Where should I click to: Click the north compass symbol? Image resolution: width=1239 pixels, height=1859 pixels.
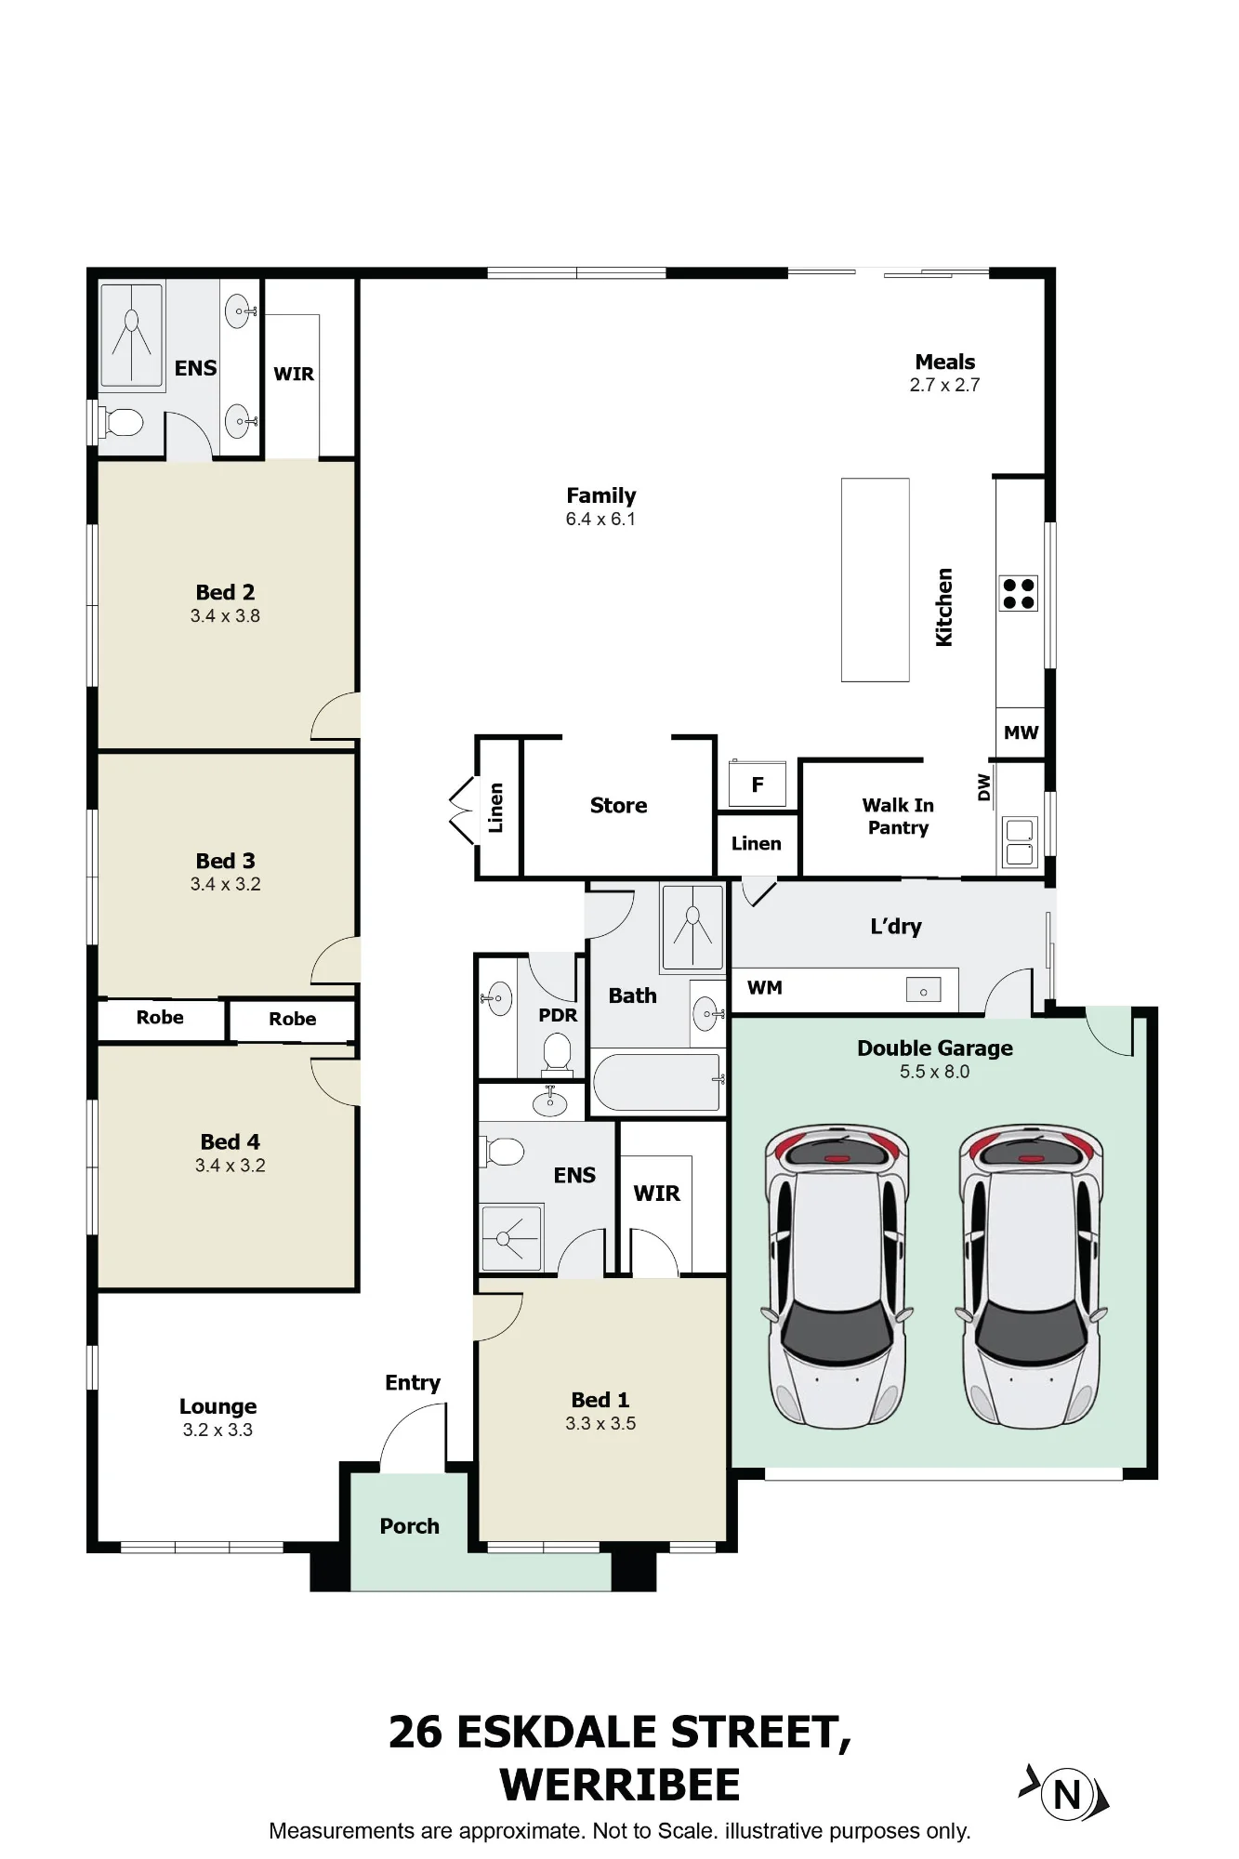[1065, 1793]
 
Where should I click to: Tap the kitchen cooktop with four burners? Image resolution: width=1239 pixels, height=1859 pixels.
[1018, 594]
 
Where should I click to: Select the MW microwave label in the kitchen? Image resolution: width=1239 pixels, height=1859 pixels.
[1021, 732]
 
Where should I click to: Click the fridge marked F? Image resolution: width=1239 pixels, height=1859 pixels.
[758, 784]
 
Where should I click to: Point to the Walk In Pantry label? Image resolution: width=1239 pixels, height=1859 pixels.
[898, 816]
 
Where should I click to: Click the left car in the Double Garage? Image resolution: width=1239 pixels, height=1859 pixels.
[837, 1275]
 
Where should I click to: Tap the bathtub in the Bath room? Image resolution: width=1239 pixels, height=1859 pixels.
[656, 1081]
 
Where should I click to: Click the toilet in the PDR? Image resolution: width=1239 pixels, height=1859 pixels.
[556, 1054]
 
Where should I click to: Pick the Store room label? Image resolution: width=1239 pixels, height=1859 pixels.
[618, 805]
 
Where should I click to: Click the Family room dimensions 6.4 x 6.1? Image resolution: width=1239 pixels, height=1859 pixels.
[600, 519]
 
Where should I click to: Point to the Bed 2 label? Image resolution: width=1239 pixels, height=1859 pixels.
[225, 592]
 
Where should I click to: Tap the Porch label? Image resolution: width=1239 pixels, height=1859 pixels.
[409, 1526]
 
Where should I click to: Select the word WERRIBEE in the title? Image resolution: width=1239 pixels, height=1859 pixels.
[620, 1785]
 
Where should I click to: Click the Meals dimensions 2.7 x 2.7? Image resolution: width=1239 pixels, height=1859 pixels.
[944, 385]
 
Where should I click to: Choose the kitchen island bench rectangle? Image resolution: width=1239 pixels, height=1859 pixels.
[876, 580]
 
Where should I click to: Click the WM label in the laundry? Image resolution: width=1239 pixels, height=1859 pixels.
[765, 987]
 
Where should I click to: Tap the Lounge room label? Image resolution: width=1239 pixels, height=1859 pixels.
[218, 1407]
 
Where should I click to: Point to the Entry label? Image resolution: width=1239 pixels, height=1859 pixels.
[413, 1383]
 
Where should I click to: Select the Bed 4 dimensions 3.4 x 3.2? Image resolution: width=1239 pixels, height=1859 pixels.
[230, 1166]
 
